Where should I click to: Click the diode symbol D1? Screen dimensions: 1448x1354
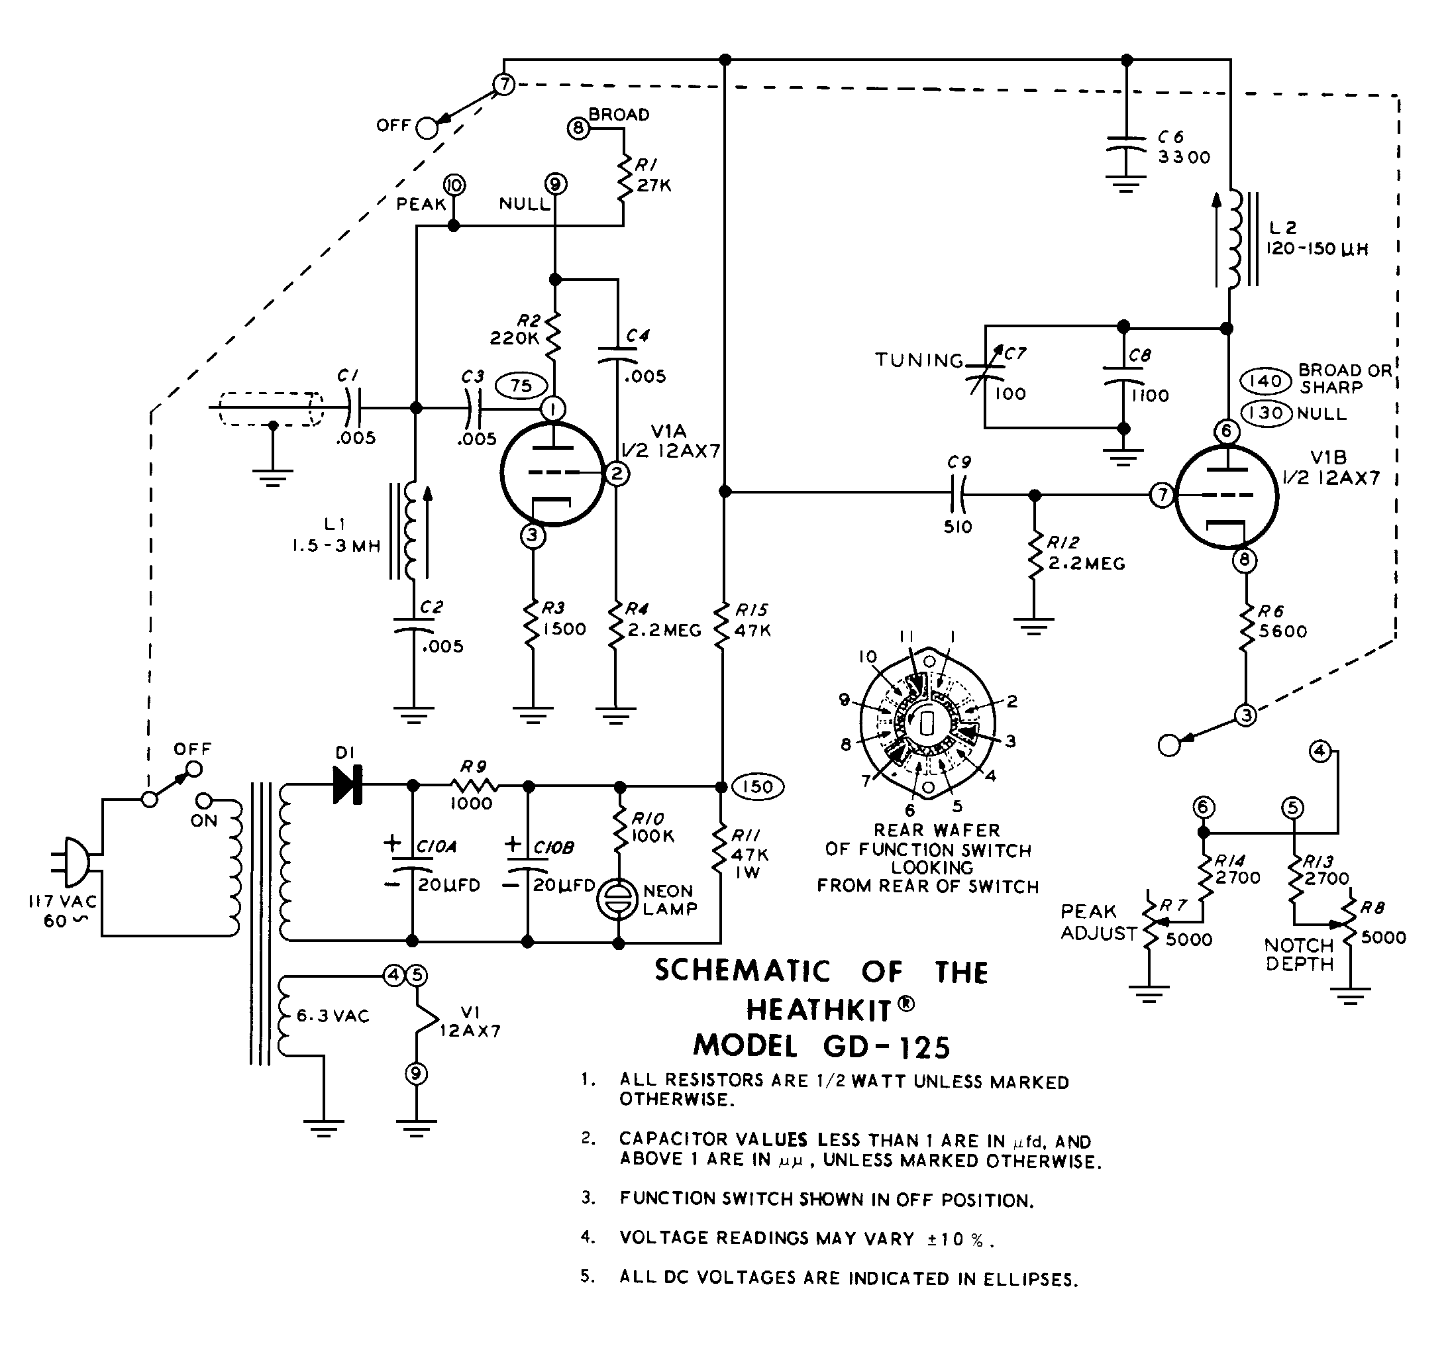click(x=348, y=786)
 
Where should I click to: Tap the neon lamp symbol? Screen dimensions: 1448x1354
click(x=617, y=900)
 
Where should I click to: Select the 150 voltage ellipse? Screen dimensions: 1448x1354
click(x=758, y=786)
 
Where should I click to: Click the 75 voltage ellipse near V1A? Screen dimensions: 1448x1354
click(x=521, y=386)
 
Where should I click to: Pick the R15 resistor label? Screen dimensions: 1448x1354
click(x=752, y=609)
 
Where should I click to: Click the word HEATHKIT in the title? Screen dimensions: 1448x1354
click(x=819, y=1010)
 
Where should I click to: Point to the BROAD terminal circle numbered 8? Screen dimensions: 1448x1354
click(x=578, y=129)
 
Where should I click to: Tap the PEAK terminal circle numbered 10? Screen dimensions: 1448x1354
click(x=454, y=185)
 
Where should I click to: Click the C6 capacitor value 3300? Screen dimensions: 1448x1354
click(x=1184, y=157)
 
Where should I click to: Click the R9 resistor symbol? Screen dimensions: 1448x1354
click(x=474, y=786)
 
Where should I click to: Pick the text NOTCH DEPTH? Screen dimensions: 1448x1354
click(x=1300, y=954)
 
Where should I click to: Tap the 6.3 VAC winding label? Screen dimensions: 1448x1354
click(x=333, y=1016)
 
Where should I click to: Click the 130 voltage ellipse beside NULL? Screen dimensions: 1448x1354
click(x=1267, y=413)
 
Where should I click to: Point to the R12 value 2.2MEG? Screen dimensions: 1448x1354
click(x=1087, y=564)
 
